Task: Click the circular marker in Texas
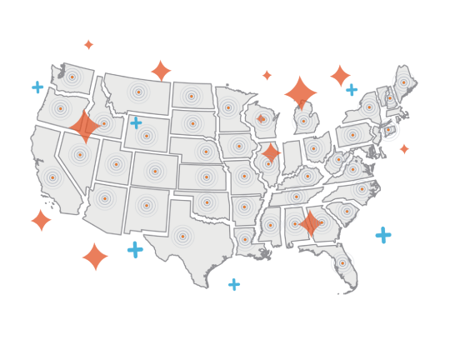tap(182, 237)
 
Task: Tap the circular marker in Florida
tap(342, 263)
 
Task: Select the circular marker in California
tap(52, 177)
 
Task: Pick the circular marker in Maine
tap(403, 82)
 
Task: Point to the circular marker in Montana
tap(138, 92)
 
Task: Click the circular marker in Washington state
tap(72, 77)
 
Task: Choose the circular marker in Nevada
tap(80, 154)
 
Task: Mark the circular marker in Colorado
tap(154, 172)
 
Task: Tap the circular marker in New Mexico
tap(146, 205)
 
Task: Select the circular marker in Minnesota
tap(227, 107)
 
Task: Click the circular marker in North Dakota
tap(191, 97)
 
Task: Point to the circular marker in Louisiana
tap(245, 239)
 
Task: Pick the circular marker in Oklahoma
tap(207, 202)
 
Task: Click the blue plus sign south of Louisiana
tap(234, 284)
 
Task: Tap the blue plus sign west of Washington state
tap(37, 87)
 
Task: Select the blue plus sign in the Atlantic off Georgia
tap(383, 235)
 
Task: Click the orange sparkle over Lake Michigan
tap(301, 92)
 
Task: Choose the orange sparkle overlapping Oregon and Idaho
tap(85, 127)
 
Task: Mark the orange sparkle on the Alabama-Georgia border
tap(310, 223)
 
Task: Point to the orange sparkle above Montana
tap(161, 71)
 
